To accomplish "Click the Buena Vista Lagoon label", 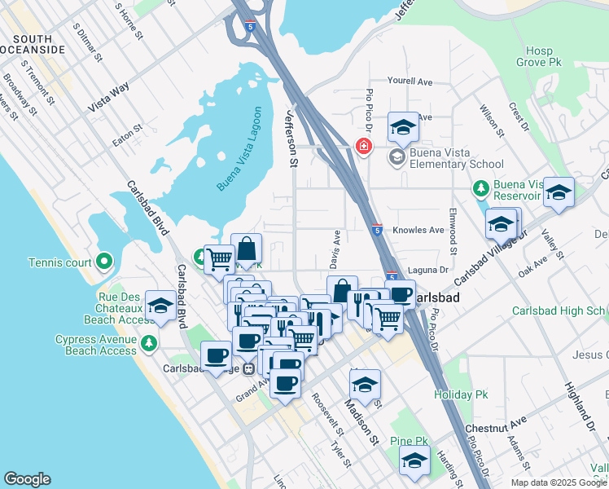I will coord(241,150).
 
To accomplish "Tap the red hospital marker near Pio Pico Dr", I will coord(364,147).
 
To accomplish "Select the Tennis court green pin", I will coord(103,262).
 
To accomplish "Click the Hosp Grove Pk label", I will coord(539,55).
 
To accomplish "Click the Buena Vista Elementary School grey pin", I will coord(397,157).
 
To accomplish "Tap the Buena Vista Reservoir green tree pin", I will coord(480,189).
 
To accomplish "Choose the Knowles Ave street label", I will coord(418,231).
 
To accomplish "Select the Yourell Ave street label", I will coord(410,81).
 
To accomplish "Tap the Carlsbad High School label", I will coord(559,311).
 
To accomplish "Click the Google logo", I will coord(27,479).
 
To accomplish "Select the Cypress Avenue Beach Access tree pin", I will coord(148,343).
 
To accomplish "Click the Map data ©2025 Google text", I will coord(558,482).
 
